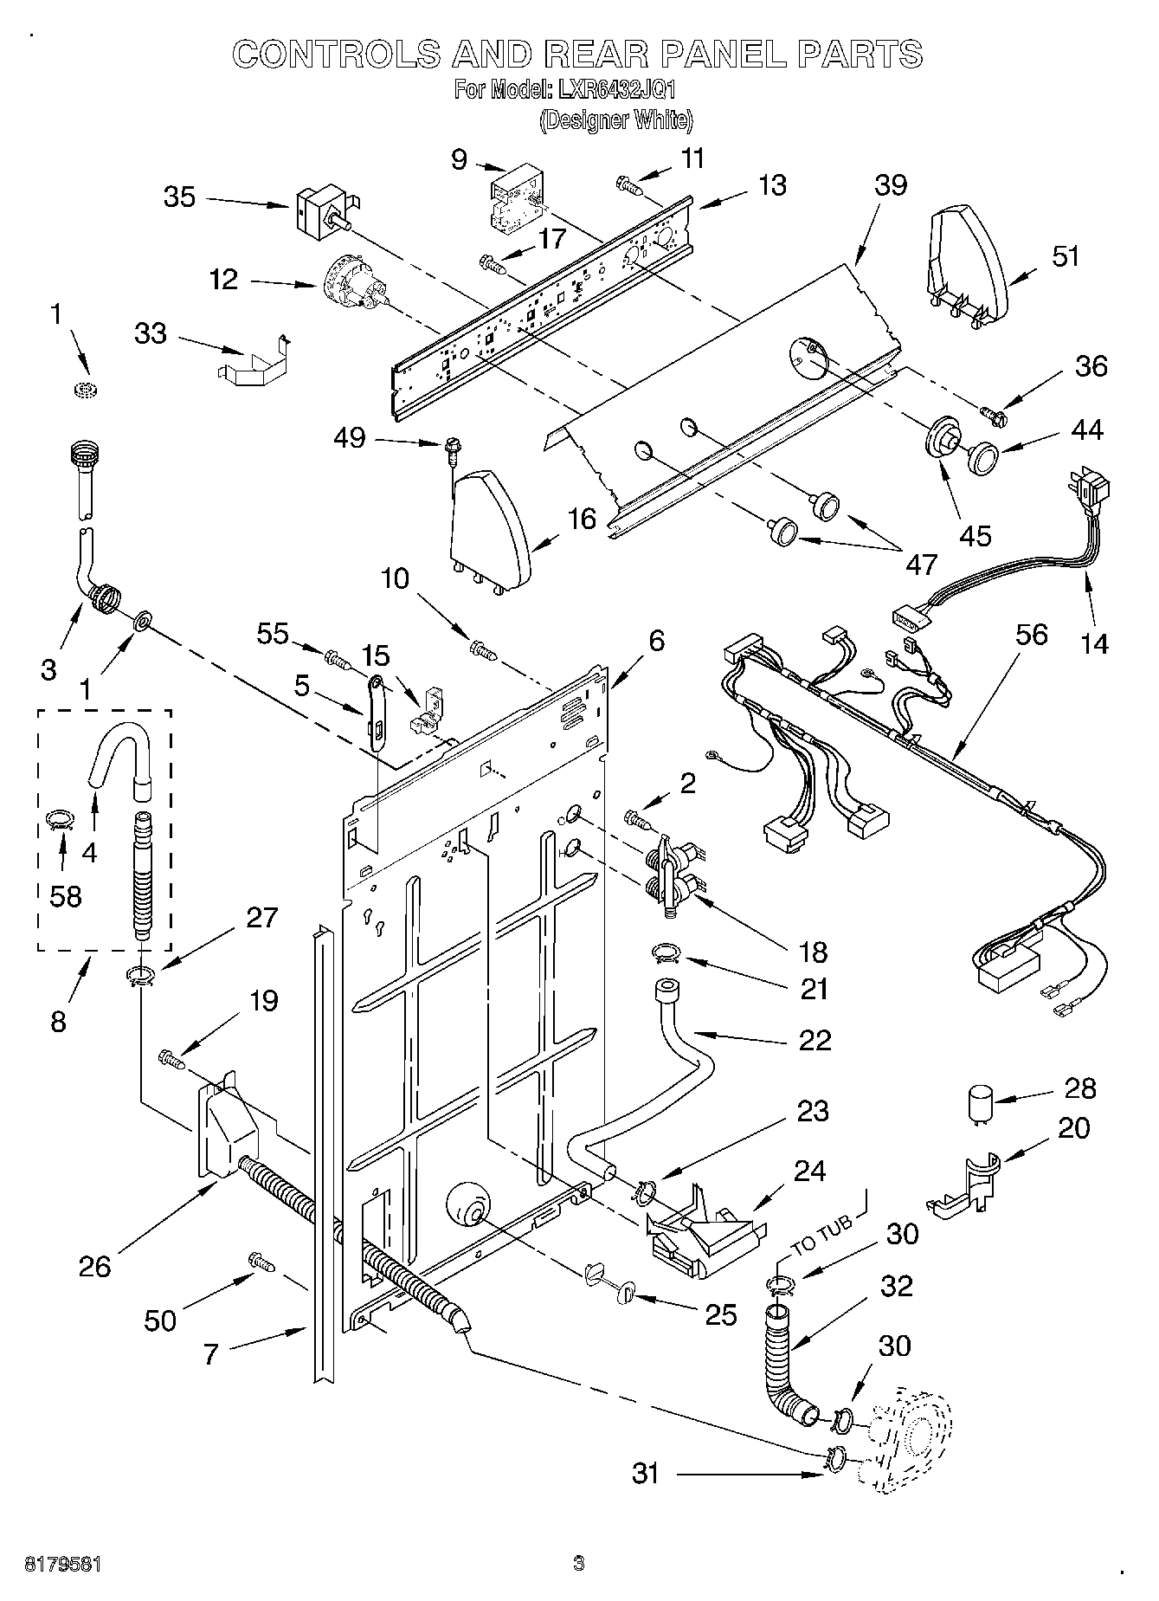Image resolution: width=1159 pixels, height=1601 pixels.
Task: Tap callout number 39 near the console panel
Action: point(891,185)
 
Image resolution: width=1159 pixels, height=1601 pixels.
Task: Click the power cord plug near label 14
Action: point(1089,492)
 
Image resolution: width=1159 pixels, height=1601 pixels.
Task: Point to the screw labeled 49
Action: point(451,447)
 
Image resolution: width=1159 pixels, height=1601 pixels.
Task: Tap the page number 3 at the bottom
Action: point(578,1563)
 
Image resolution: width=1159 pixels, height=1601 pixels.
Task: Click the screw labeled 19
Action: point(171,1059)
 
